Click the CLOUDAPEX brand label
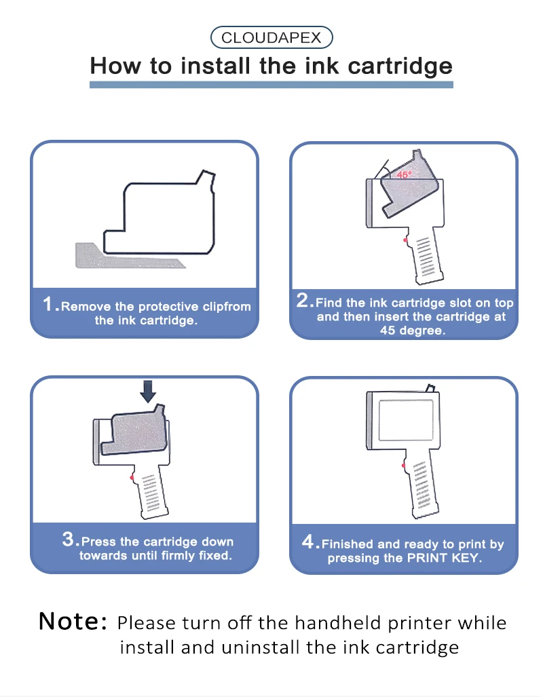coord(271,37)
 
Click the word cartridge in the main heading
coord(400,67)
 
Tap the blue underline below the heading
coord(271,84)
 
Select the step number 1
coord(48,305)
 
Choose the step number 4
coord(308,542)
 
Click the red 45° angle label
coord(405,174)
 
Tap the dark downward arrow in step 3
coord(148,392)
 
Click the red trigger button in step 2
coord(405,240)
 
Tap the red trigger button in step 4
coord(404,466)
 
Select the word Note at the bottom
coord(73,621)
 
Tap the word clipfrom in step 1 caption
coord(227,307)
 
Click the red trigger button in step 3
coord(132,477)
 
